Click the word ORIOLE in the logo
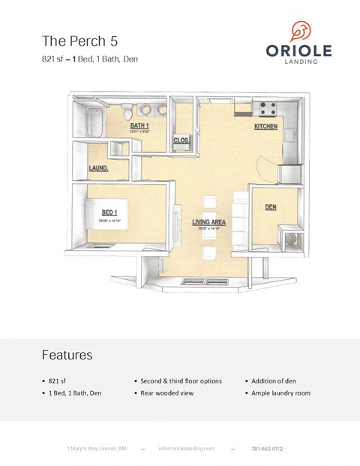[298, 50]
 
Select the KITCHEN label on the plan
[266, 127]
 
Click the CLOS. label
[181, 140]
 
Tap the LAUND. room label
[99, 169]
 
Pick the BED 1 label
[109, 213]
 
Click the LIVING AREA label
[210, 222]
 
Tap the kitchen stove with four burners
[268, 107]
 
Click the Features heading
[67, 355]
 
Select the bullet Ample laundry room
[281, 393]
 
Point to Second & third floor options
[181, 381]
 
